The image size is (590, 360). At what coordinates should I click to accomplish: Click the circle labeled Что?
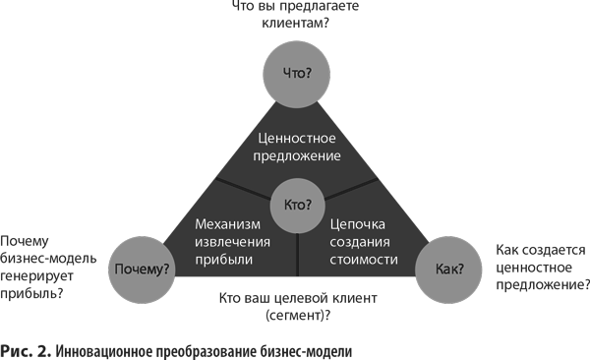tap(298, 72)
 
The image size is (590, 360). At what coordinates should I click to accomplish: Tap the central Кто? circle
tap(297, 205)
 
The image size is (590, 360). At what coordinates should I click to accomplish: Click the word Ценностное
tap(298, 137)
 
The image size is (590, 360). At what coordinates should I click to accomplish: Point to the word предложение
tap(298, 155)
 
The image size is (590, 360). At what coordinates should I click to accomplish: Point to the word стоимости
tap(365, 260)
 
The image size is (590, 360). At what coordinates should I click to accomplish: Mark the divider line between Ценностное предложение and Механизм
tap(242, 188)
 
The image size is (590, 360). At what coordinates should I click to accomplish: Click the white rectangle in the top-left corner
tap(77, 74)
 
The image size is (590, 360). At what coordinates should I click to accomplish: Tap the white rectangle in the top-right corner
tap(526, 74)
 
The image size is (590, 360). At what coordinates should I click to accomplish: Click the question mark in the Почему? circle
tap(169, 268)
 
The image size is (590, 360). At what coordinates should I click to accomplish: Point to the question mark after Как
tap(462, 267)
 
